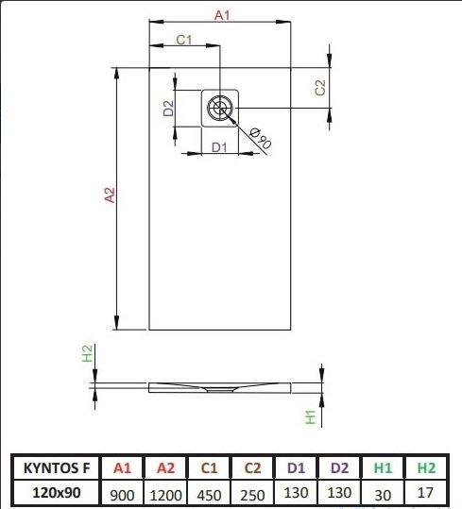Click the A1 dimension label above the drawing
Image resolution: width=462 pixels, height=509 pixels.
point(222,15)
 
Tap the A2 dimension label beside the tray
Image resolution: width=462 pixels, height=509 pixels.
point(110,195)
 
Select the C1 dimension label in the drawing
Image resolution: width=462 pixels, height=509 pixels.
point(184,40)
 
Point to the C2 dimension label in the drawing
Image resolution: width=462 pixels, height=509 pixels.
point(320,87)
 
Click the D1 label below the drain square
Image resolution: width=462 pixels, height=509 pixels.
point(219,147)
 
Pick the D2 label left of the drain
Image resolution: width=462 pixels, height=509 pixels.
point(169,109)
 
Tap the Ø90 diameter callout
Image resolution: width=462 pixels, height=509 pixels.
point(260,138)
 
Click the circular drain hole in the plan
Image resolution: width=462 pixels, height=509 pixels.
point(220,108)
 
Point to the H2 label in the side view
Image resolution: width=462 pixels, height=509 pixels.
point(87,353)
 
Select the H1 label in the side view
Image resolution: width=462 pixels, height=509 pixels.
point(311,417)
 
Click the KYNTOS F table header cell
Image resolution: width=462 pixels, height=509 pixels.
point(57,468)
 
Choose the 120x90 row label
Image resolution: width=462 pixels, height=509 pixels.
point(57,493)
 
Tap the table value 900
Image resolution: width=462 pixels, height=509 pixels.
point(123,496)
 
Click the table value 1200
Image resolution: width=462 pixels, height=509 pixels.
point(165,496)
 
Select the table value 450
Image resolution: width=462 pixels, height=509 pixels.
point(209,496)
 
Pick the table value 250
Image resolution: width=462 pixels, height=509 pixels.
point(252,496)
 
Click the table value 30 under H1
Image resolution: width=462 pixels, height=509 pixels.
point(383,496)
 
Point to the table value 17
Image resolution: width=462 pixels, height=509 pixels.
point(425,493)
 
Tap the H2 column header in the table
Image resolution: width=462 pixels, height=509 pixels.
point(426,468)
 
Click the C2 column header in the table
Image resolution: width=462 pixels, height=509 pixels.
point(252,468)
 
